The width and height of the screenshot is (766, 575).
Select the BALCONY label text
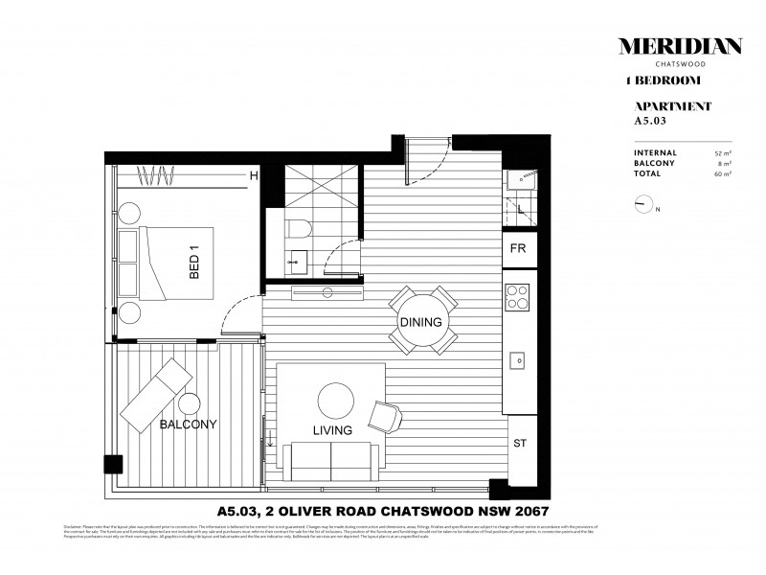pyautogui.click(x=188, y=424)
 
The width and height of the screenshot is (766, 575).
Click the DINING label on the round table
pyautogui.click(x=421, y=322)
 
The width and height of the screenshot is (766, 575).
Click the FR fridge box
pyautogui.click(x=519, y=249)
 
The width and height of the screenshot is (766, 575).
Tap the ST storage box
pyautogui.click(x=519, y=444)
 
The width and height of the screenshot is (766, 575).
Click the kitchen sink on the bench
pyautogui.click(x=518, y=360)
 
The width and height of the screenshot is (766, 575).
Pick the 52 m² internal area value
pyautogui.click(x=723, y=153)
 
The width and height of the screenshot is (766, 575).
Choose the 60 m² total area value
pyautogui.click(x=723, y=174)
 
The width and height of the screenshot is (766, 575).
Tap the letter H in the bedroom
pyautogui.click(x=254, y=175)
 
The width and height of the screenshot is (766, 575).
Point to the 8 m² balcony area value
pyautogui.click(x=726, y=164)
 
